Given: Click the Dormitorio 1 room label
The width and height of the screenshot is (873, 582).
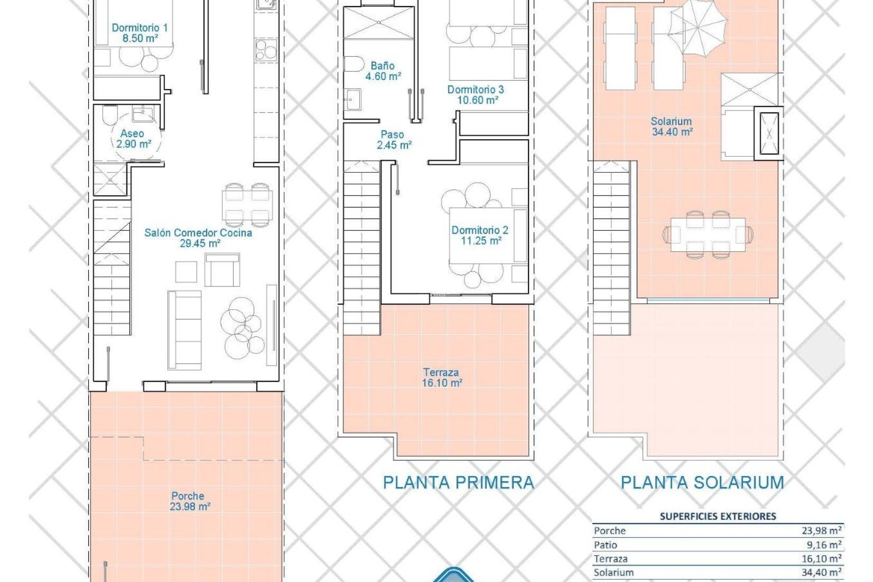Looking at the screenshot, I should point(140,33).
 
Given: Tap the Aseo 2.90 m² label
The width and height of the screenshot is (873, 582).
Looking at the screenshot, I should point(132,139).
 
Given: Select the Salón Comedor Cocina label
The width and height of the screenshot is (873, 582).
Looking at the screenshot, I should point(198,238).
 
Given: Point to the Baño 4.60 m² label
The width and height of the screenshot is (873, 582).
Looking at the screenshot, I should point(383,71).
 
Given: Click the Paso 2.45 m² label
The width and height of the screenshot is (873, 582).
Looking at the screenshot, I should point(393,140).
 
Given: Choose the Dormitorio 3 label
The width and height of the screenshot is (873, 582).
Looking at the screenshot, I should point(476,95).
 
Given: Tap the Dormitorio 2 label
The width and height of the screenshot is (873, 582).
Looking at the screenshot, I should point(480,235).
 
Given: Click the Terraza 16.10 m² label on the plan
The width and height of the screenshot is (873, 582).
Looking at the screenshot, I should point(442,377).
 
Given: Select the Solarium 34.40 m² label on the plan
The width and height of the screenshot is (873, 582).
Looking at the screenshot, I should point(672,126).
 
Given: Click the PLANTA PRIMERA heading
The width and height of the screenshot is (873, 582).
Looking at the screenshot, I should point(458,482).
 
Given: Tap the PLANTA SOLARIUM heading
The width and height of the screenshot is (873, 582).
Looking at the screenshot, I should point(702,482).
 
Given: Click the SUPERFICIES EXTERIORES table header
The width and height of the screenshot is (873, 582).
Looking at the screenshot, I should point(717,516).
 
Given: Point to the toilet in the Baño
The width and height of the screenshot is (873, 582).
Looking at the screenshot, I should point(352,64).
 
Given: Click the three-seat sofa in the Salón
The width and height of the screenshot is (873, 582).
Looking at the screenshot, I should point(185,329).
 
